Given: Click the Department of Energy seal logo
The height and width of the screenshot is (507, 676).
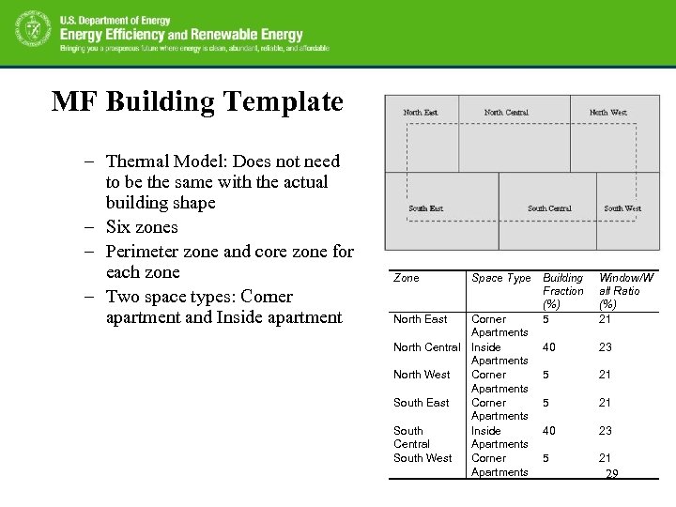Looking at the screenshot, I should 31,33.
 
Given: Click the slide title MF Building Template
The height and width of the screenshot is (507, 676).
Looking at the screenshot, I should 198,101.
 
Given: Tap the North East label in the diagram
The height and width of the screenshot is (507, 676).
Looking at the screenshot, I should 420,113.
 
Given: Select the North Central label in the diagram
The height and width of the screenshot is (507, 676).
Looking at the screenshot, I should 506,113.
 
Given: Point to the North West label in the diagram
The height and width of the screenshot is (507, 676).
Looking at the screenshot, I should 607,113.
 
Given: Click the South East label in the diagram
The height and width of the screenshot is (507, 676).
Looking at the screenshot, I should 425,208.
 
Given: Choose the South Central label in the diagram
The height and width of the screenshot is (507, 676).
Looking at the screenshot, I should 549,208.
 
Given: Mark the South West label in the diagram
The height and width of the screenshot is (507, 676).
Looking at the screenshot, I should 622,208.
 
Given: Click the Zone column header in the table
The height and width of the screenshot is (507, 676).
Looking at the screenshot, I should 407,278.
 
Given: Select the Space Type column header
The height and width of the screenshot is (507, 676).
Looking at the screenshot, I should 501,278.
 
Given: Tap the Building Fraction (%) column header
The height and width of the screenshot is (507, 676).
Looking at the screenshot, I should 562,291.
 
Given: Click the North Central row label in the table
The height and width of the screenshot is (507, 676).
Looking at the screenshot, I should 427,347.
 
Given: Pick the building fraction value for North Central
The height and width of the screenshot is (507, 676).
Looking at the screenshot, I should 548,347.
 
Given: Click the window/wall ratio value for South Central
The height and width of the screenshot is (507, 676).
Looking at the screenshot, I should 606,431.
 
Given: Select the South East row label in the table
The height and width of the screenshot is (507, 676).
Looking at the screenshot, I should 421,403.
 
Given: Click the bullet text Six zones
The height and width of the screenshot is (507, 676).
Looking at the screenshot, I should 142,227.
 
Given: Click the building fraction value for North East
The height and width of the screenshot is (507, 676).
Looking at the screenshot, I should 545,319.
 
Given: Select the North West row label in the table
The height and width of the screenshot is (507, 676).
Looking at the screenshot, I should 422,375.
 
